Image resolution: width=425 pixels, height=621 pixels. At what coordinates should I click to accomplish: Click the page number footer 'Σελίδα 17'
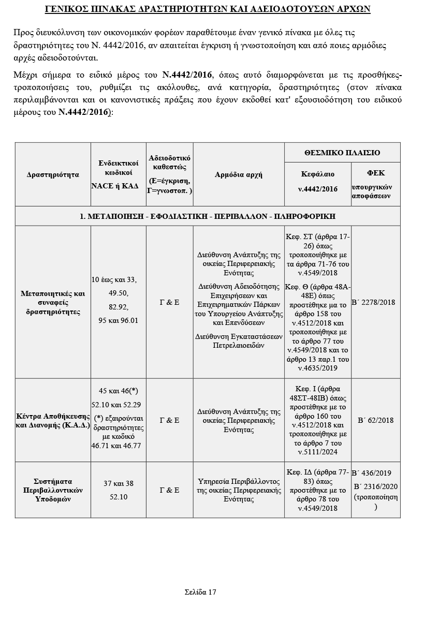point(200,592)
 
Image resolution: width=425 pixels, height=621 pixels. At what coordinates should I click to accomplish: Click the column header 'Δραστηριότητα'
point(53,174)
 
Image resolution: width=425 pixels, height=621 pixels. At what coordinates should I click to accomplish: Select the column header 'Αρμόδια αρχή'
point(238,174)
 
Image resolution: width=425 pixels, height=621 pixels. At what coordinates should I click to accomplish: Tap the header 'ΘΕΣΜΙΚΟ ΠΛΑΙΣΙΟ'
point(342,153)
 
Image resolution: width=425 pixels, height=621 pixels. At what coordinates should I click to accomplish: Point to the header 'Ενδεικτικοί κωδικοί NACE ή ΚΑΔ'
point(119,174)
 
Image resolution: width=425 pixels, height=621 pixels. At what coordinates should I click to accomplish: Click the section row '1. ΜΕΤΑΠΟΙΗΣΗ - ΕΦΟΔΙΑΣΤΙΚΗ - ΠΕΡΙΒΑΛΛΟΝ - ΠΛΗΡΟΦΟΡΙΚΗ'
point(208,216)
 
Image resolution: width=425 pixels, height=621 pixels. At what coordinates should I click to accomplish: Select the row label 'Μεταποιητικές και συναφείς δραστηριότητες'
point(53,302)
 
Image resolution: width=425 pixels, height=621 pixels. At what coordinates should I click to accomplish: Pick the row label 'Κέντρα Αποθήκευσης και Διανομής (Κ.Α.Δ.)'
point(53,421)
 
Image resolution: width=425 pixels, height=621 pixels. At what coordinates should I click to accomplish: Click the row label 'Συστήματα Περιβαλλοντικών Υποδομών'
point(53,490)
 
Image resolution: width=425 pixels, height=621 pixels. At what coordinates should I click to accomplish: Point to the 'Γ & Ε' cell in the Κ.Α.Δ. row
point(169,420)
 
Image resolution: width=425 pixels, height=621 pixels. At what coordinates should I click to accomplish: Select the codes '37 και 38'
point(119,483)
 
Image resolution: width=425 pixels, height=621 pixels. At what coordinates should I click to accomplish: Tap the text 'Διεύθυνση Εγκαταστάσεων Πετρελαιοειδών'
point(239,341)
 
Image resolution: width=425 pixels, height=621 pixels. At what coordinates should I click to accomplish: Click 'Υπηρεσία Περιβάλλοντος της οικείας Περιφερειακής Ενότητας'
point(239,490)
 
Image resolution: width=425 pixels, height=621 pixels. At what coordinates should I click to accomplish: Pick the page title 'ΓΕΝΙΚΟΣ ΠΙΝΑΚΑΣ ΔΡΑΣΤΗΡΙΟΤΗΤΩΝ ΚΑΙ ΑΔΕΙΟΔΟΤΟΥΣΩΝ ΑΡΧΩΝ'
point(208,10)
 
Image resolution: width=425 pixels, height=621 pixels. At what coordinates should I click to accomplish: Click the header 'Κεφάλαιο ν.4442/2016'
point(318,181)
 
